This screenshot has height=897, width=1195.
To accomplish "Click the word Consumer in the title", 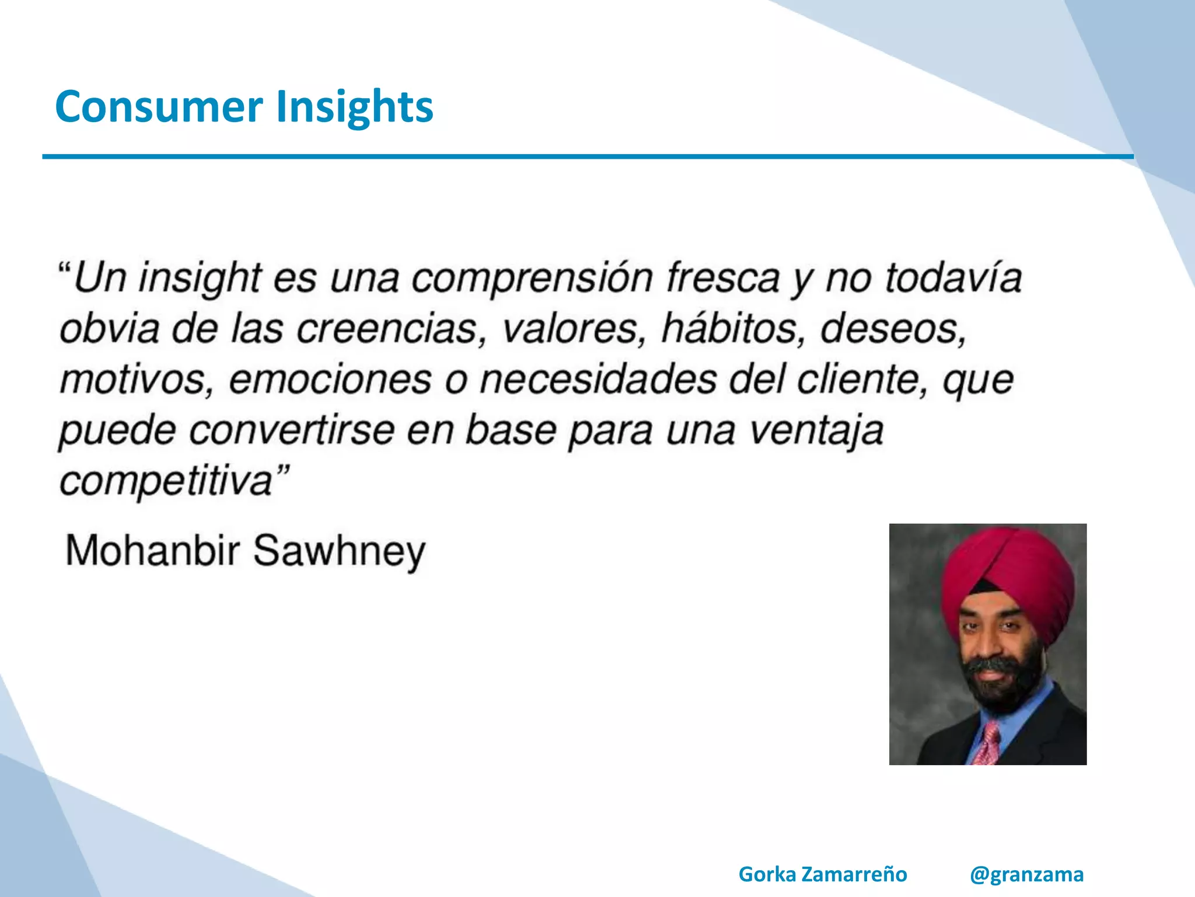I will click(159, 106).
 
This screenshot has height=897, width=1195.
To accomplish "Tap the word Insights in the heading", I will click(355, 107).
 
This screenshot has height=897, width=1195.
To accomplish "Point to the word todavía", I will click(953, 278).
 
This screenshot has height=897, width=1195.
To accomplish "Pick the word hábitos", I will click(729, 328).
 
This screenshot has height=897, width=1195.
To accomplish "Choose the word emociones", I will click(330, 380).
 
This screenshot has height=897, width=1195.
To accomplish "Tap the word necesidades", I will click(598, 380).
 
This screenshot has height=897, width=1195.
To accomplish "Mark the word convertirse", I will click(292, 431).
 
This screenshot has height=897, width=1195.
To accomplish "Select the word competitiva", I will click(166, 482).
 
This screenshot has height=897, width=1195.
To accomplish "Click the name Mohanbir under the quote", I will click(153, 550).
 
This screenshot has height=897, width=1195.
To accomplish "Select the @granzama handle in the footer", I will click(1026, 875).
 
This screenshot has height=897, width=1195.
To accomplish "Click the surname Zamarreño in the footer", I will click(854, 875).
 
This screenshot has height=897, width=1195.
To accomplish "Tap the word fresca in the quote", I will click(724, 278).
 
